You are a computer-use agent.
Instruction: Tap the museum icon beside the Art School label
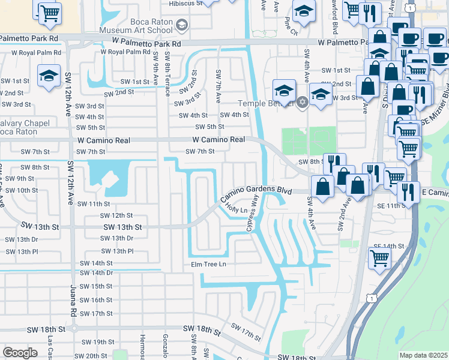(182, 25)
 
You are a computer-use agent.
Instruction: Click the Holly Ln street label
(236, 209)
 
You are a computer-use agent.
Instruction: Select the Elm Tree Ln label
(208, 264)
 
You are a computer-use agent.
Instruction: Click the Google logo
(20, 353)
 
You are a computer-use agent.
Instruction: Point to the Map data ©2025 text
(423, 355)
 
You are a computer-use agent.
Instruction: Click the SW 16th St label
(95, 300)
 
